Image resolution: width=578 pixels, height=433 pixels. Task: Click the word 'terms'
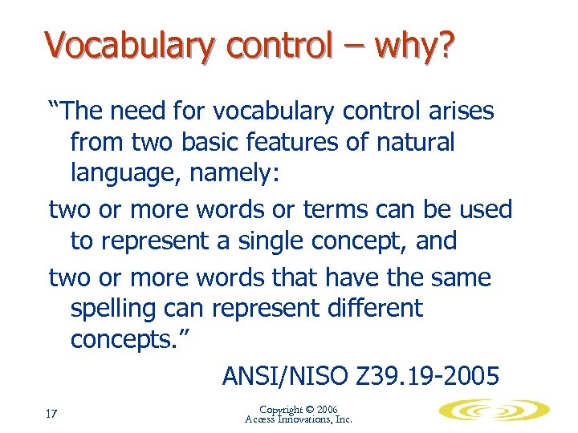click(336, 210)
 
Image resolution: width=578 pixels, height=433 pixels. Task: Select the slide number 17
click(51, 414)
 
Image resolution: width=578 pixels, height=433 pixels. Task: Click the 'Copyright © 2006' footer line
click(299, 409)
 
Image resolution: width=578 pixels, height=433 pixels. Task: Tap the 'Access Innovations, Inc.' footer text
click(299, 419)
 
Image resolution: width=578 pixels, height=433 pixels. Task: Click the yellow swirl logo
click(494, 411)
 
